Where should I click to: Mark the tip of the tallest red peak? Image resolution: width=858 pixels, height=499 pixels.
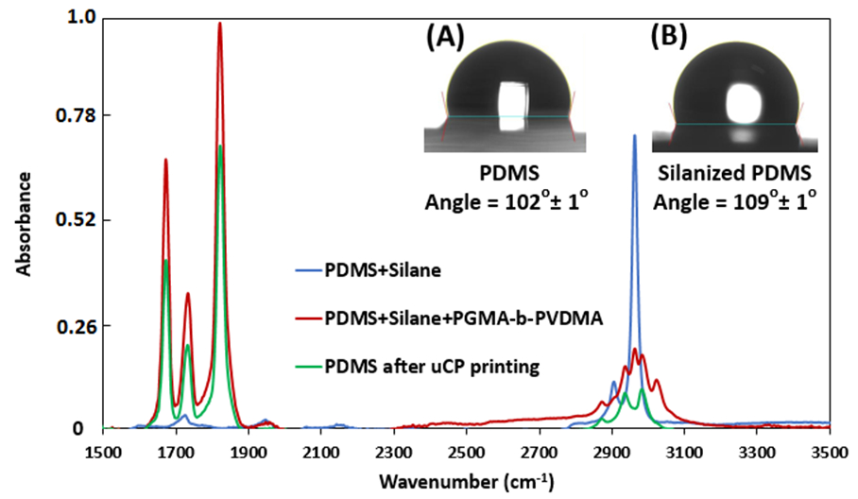click(219, 24)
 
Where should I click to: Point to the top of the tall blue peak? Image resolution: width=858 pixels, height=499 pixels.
click(634, 136)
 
